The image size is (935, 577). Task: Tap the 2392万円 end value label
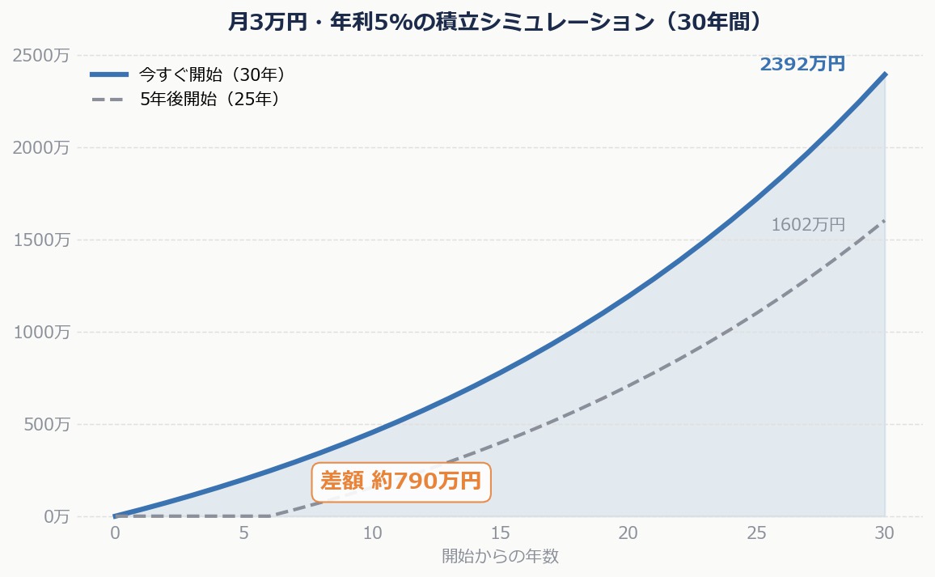click(x=802, y=64)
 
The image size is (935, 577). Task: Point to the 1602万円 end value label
click(x=808, y=225)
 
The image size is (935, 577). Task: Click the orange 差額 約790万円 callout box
click(x=401, y=482)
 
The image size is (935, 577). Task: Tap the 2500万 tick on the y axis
click(x=41, y=55)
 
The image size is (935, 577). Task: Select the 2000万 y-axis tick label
click(x=41, y=147)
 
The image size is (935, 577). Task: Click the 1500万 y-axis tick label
click(x=41, y=240)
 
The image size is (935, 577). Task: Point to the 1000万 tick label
click(x=41, y=332)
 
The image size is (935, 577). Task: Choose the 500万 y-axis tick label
click(x=45, y=424)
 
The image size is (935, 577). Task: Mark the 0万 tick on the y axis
click(x=53, y=516)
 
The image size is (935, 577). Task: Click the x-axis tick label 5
click(x=243, y=533)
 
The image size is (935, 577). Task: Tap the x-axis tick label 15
click(x=500, y=533)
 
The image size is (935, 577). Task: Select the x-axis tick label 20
click(x=628, y=533)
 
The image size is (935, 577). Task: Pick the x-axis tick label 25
click(x=757, y=533)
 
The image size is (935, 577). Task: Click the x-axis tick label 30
click(x=885, y=533)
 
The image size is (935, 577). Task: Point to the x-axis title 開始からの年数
click(x=500, y=556)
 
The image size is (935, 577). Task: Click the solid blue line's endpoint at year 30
click(x=885, y=74)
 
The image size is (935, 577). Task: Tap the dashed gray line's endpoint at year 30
click(x=885, y=220)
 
